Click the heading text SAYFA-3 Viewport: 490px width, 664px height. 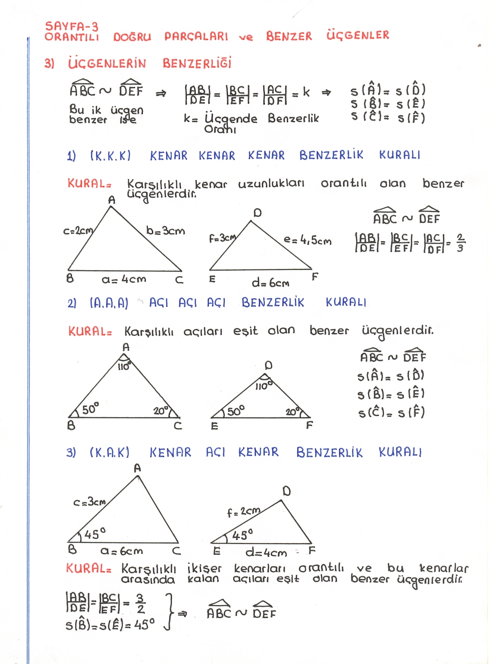pos(71,27)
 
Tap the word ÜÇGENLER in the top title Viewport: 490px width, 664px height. pos(357,35)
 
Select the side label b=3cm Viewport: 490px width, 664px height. pos(165,231)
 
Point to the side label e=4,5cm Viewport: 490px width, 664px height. pos(307,241)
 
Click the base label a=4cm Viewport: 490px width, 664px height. pos(124,280)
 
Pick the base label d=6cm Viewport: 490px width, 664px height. pos(270,283)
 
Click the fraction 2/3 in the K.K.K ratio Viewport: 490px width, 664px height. pos(460,243)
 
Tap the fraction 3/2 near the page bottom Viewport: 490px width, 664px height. pos(140,604)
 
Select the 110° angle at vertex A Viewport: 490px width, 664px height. pos(123,366)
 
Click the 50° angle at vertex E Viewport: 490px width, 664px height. pos(235,411)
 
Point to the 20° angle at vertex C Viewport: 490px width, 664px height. pos(161,411)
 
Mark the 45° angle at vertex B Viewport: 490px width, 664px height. pos(95,534)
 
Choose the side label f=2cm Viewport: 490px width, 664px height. pos(244,512)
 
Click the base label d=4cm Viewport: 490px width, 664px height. pos(266,553)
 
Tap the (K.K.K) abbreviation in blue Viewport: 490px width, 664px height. pos(111,156)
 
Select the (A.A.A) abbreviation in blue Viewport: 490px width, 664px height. pos(109,303)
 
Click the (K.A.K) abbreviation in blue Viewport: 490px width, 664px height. pos(109,453)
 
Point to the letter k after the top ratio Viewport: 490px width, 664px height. pos(306,92)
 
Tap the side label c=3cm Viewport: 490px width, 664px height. pos(90,502)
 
